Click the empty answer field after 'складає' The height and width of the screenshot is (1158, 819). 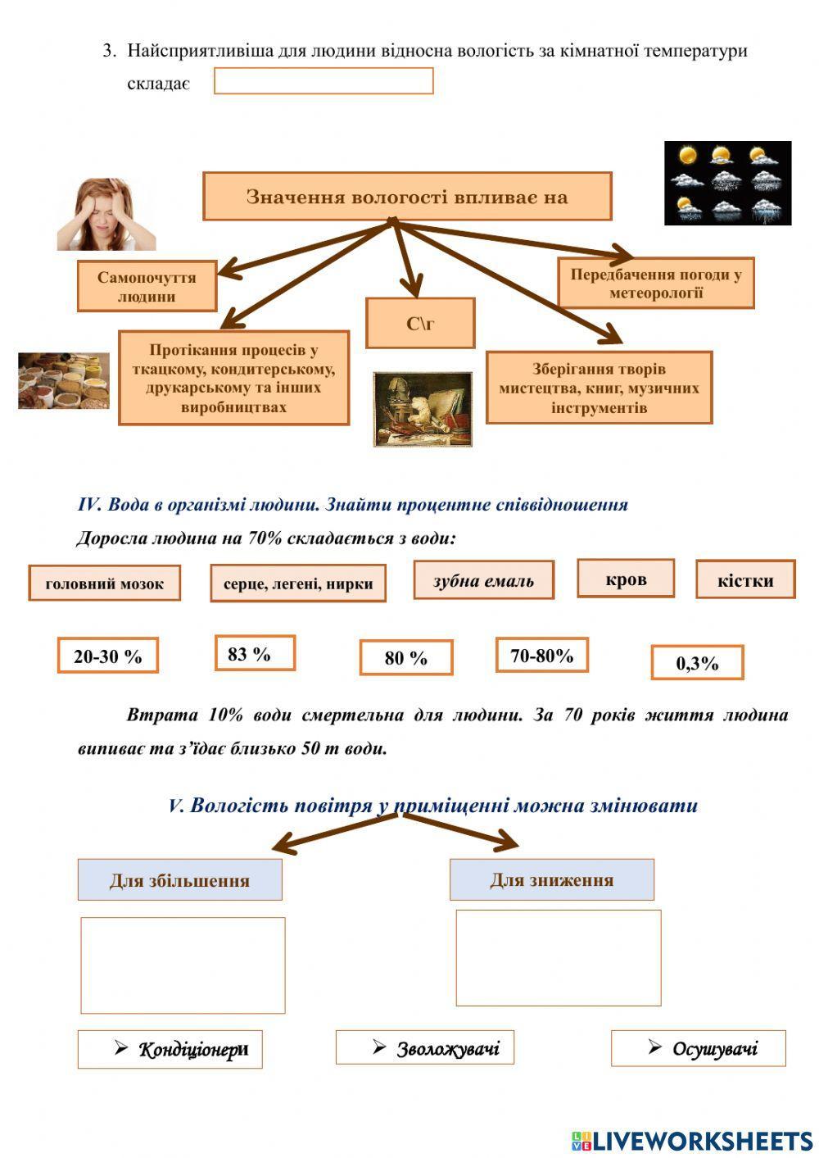[x=324, y=81]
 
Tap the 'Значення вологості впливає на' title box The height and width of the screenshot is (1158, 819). [x=407, y=197]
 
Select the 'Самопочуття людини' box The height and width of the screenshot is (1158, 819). [x=147, y=287]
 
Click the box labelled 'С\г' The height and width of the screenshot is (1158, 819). [x=420, y=323]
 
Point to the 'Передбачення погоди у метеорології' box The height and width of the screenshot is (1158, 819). [x=656, y=284]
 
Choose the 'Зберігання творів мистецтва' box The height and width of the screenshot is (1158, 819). [x=599, y=388]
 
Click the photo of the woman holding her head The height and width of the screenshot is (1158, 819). [x=106, y=215]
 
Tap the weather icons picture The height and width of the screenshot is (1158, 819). [x=727, y=183]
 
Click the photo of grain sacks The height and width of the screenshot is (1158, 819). [x=64, y=380]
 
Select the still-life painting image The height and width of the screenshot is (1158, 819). [x=423, y=409]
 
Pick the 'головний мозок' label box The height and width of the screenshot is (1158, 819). [x=105, y=584]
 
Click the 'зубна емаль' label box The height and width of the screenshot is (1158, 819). [x=483, y=580]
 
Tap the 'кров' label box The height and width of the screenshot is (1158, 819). [x=626, y=579]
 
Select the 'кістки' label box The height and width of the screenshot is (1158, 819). [x=745, y=580]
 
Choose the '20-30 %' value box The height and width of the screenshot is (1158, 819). [x=107, y=656]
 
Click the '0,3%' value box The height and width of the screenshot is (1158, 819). [x=697, y=662]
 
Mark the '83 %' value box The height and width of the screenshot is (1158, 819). [x=255, y=653]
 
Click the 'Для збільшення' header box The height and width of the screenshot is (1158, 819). [x=180, y=880]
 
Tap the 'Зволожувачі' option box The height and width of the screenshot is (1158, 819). [x=425, y=1047]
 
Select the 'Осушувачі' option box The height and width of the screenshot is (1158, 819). [x=699, y=1048]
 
